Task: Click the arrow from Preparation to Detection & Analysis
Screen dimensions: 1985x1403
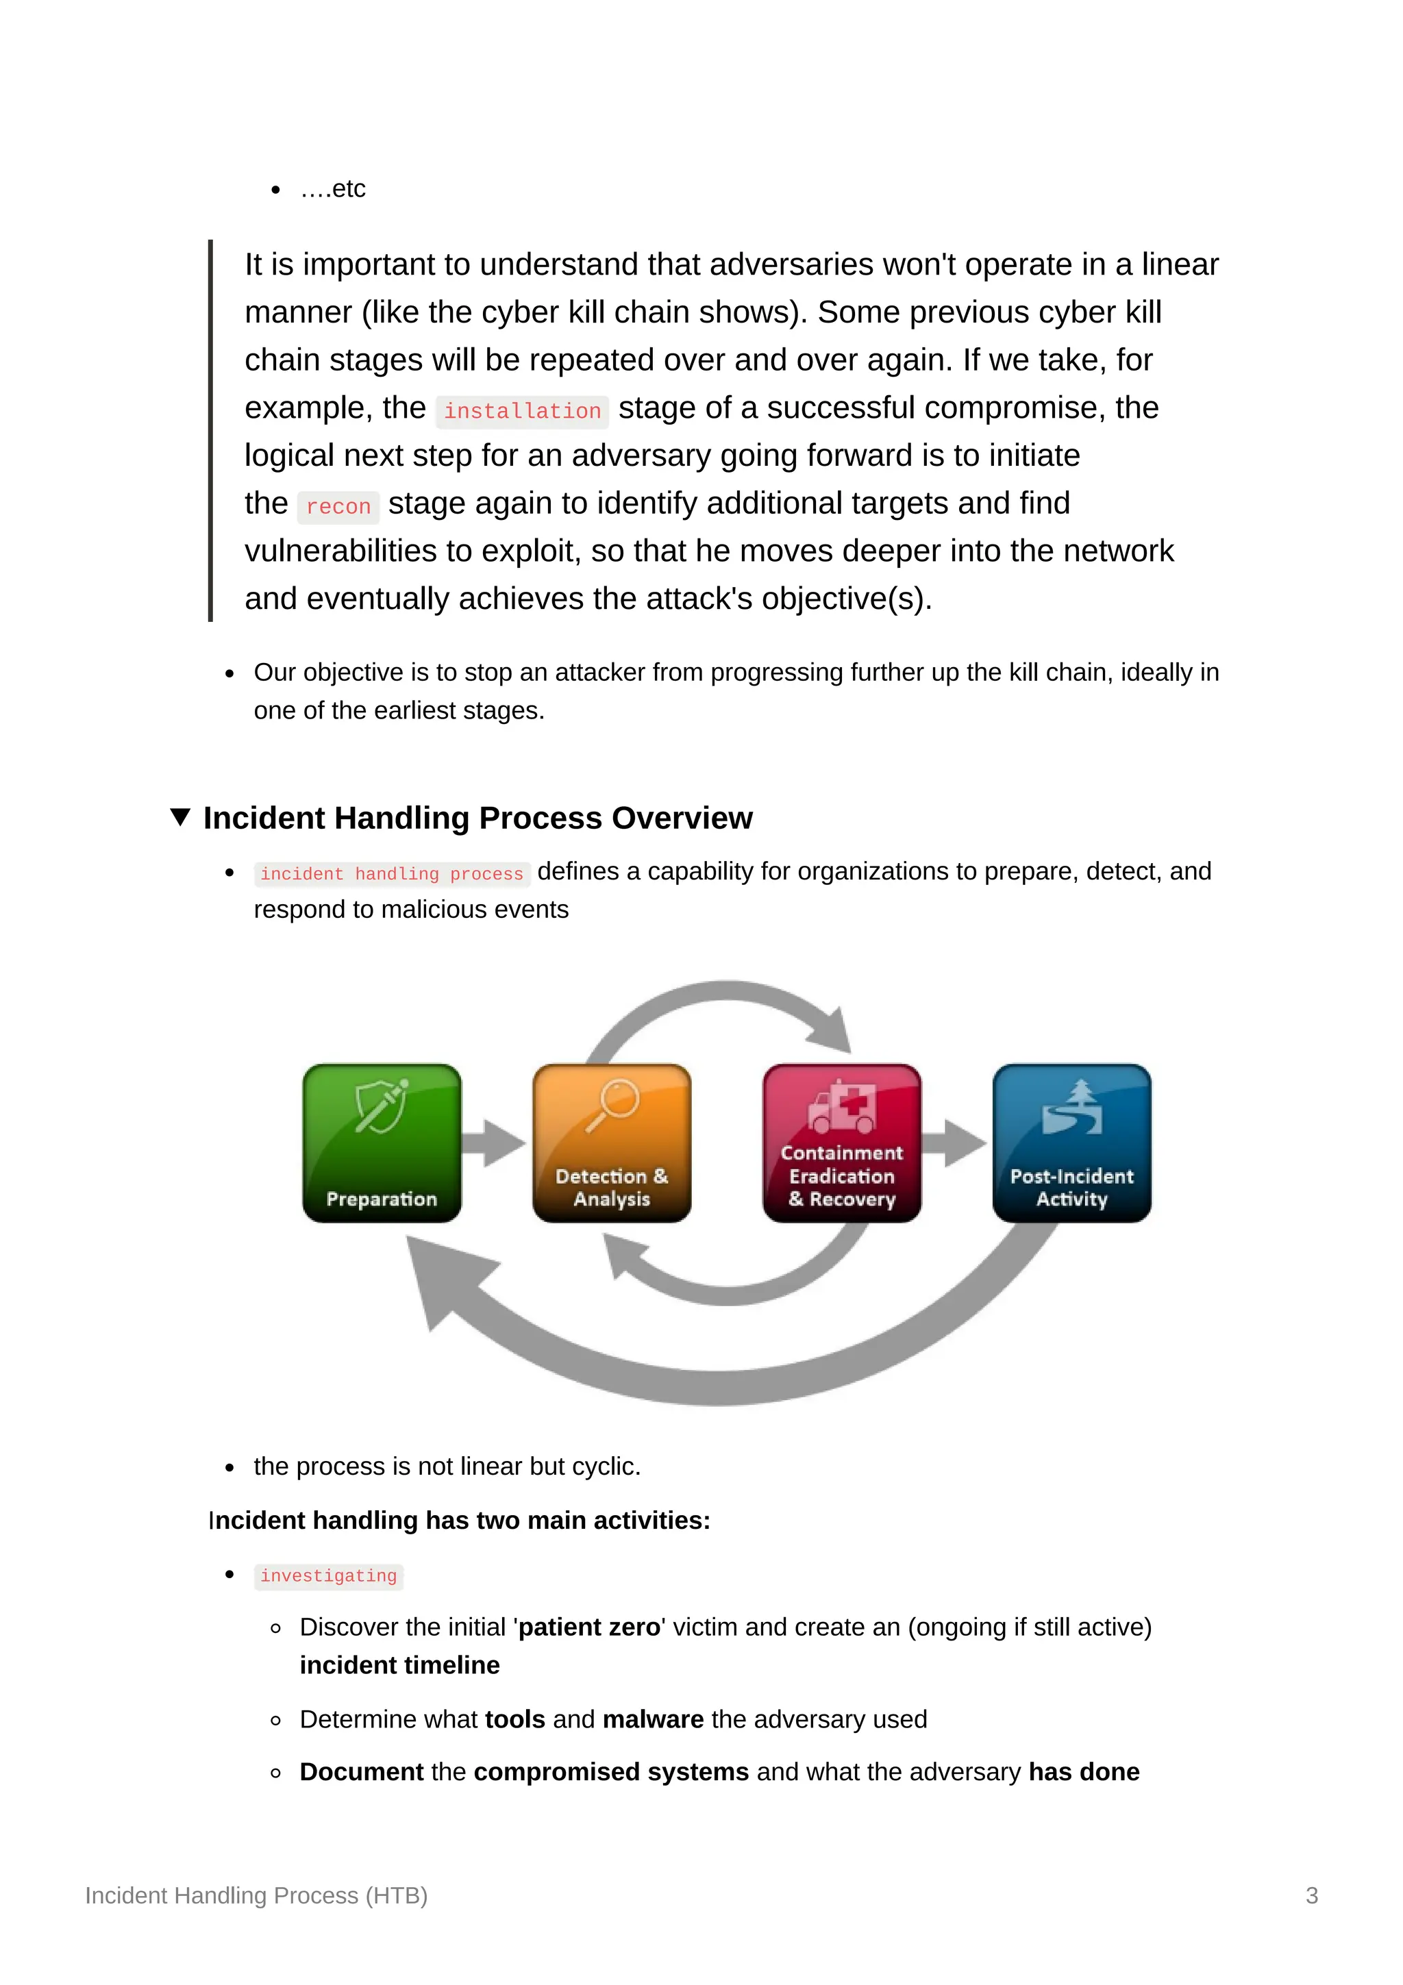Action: click(x=495, y=1143)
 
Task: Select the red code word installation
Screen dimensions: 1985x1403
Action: click(x=522, y=411)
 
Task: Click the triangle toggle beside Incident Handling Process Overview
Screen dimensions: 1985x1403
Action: click(x=179, y=817)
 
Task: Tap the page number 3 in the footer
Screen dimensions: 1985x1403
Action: click(x=1311, y=1895)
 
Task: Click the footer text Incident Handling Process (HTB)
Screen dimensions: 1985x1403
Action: click(x=256, y=1895)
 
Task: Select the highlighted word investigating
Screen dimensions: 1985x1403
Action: click(x=329, y=1575)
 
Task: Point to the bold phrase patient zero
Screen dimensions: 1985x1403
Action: click(x=590, y=1626)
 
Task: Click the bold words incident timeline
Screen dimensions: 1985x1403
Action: click(x=399, y=1664)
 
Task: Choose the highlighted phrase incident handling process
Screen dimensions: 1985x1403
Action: click(x=392, y=873)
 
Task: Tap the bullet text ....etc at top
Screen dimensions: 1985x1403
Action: click(x=333, y=188)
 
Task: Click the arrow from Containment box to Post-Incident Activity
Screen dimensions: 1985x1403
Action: click(x=955, y=1143)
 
